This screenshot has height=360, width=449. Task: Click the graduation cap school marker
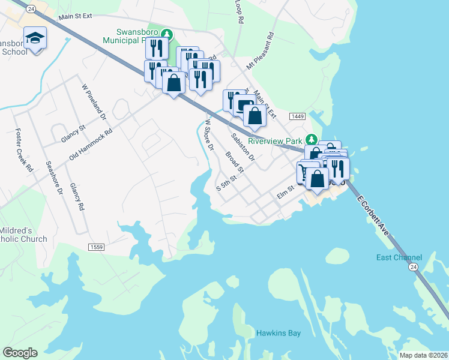coord(35,38)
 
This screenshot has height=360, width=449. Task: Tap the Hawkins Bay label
coord(278,333)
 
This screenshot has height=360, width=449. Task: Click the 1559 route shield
coord(96,247)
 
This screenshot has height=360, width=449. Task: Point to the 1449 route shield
coord(297,116)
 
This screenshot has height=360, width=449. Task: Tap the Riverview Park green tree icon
coord(311,137)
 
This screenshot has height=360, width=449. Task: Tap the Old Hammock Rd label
coord(91,145)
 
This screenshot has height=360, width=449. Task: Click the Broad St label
coord(235,162)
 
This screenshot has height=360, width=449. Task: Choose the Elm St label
coord(283,193)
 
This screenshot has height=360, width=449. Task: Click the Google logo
coord(20,353)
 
